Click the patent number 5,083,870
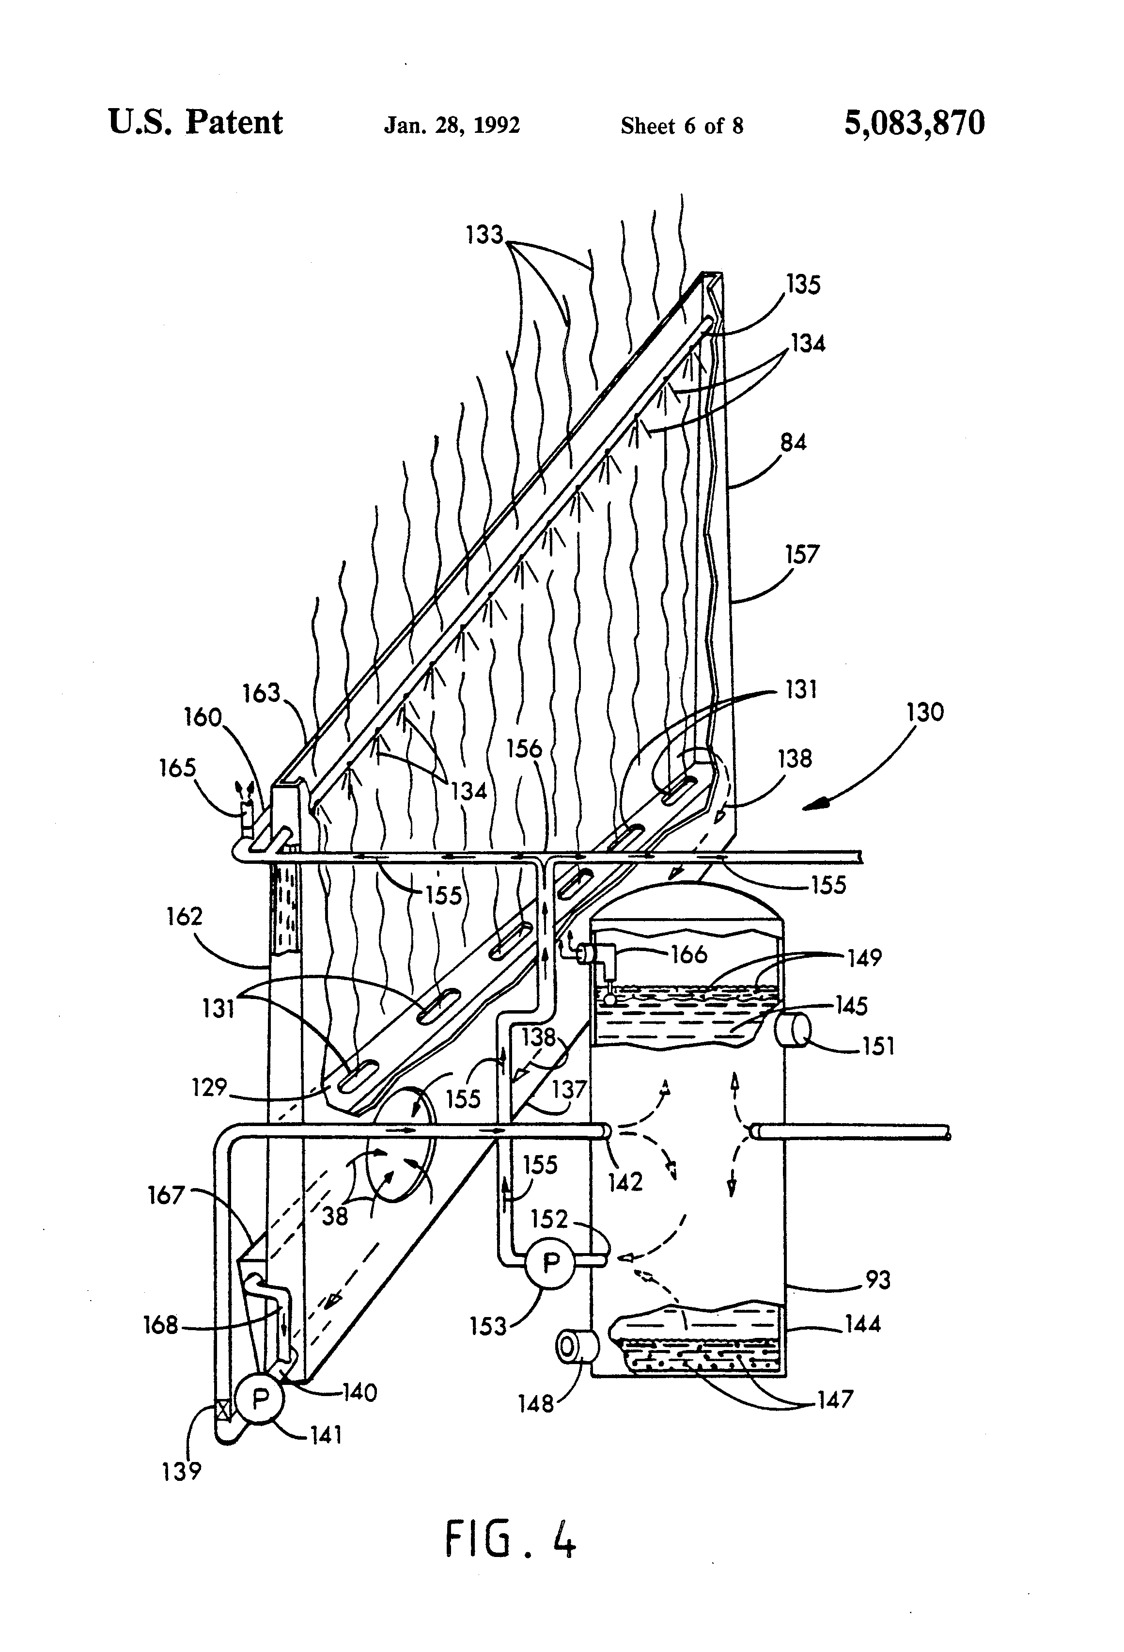click(914, 123)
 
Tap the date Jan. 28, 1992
click(452, 126)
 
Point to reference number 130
click(924, 712)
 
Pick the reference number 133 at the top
click(484, 235)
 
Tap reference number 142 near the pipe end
click(625, 1181)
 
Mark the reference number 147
click(834, 1399)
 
